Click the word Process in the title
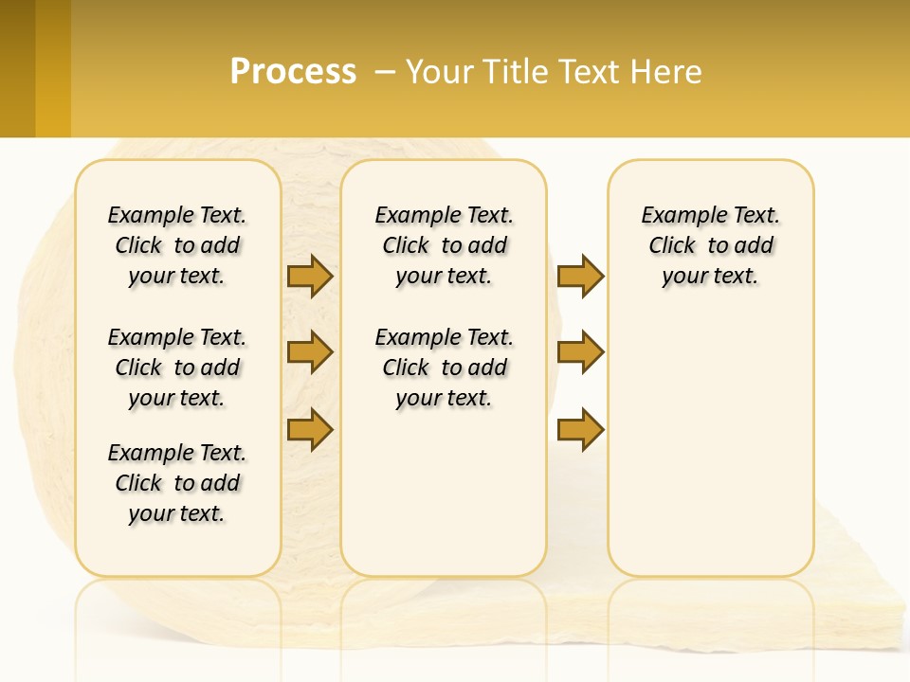coord(293,72)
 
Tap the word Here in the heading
coord(667,72)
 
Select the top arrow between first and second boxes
coord(310,276)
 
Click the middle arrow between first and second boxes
coord(310,352)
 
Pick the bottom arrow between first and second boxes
coord(310,429)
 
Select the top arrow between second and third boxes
coord(580,276)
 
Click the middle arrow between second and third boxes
coord(580,352)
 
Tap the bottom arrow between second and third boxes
coord(580,429)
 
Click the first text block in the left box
coord(177,245)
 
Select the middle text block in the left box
coord(177,368)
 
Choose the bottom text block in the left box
coord(177,483)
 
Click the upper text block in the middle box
coord(444,245)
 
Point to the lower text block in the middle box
coord(444,368)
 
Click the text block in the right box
coord(711,245)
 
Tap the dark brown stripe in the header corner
coord(17,68)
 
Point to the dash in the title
coord(385,72)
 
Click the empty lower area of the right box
coord(711,455)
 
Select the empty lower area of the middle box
coord(444,493)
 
